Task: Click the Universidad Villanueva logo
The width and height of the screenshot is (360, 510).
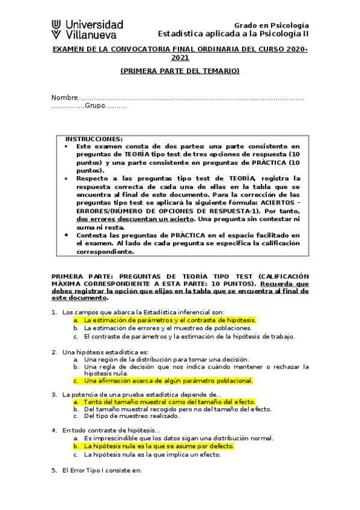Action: tap(87, 29)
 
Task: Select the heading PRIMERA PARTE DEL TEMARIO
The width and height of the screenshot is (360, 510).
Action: tap(180, 71)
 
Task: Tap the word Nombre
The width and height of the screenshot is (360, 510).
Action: tap(64, 97)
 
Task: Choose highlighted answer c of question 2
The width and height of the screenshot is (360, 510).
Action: tap(168, 380)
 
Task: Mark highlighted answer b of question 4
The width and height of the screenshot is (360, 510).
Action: tap(159, 446)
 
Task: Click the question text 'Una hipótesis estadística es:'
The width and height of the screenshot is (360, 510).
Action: tap(105, 351)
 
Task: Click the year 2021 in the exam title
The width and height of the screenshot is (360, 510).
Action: tap(180, 58)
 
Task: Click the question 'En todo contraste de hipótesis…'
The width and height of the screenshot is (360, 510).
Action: tap(111, 430)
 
